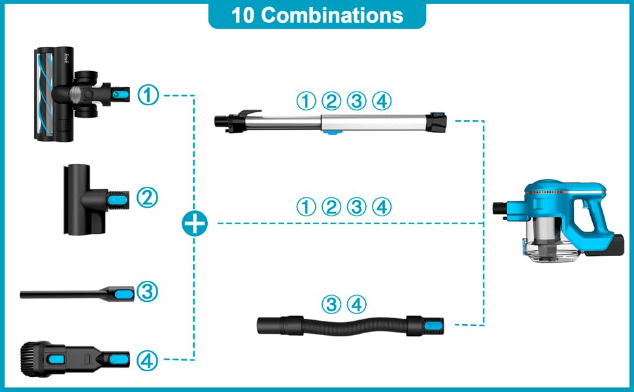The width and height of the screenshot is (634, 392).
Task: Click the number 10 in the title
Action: pyautogui.click(x=242, y=15)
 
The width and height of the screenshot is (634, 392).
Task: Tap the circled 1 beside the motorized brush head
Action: pyautogui.click(x=148, y=95)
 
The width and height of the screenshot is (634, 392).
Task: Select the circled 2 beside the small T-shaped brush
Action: pyautogui.click(x=148, y=198)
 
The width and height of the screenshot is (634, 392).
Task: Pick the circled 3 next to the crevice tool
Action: pyautogui.click(x=148, y=292)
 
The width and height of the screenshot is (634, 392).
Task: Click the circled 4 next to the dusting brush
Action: pyautogui.click(x=148, y=359)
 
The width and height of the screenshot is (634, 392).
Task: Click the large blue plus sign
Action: pyautogui.click(x=194, y=224)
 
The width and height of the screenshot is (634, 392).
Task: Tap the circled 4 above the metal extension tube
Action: pyautogui.click(x=381, y=101)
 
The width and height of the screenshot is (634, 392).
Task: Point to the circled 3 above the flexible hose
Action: pyautogui.click(x=332, y=304)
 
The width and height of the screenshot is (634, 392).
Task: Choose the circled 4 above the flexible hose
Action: pyautogui.click(x=356, y=304)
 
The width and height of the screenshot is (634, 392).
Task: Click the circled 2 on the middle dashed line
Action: pyautogui.click(x=331, y=208)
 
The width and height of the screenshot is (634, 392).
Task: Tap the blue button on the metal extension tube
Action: pyautogui.click(x=333, y=133)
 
